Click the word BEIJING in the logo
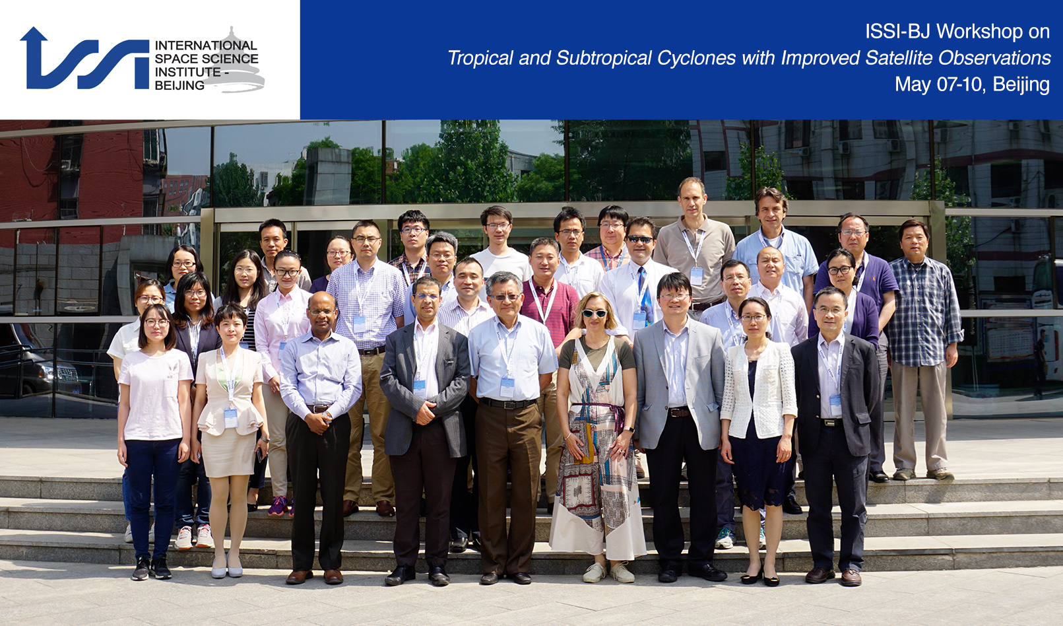tap(179, 85)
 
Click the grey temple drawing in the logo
tap(234, 62)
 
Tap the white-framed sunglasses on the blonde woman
tap(594, 313)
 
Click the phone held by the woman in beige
tap(260, 454)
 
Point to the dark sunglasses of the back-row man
tap(640, 239)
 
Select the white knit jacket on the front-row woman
tap(758, 390)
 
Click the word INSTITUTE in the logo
tap(188, 72)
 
